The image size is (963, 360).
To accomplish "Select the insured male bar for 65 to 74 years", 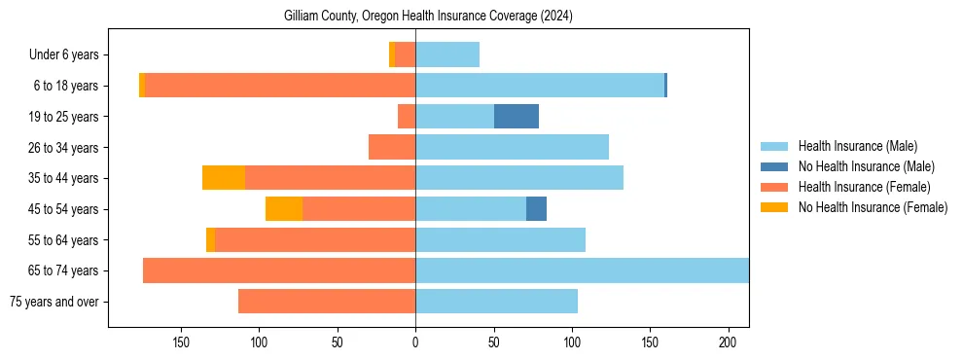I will tap(582, 270).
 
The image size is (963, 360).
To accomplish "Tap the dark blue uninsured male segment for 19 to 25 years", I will tap(517, 117).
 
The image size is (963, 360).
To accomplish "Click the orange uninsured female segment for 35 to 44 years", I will tap(224, 178).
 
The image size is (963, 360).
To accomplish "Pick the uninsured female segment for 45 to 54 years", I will tap(284, 209).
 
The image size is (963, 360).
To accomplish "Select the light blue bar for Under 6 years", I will tap(447, 54).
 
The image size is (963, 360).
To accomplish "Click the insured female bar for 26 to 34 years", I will tap(392, 147).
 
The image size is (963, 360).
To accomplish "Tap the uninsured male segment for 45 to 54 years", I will tap(536, 209).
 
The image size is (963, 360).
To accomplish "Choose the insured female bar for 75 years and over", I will tap(327, 302).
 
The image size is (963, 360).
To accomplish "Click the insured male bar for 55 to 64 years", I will tap(500, 239).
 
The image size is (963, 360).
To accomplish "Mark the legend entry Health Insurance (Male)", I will tap(857, 146).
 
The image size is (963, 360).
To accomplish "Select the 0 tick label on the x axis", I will tap(415, 342).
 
